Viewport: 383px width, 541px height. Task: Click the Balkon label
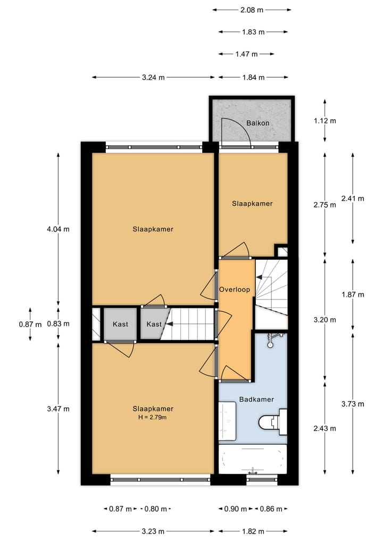pyautogui.click(x=257, y=123)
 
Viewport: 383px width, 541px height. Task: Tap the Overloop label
pyautogui.click(x=235, y=290)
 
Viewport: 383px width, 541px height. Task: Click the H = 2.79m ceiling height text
pyautogui.click(x=153, y=417)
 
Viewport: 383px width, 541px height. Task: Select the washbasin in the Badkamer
pyautogui.click(x=227, y=421)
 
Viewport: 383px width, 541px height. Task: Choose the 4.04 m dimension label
pyautogui.click(x=59, y=229)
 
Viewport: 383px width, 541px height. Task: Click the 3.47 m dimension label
pyautogui.click(x=59, y=409)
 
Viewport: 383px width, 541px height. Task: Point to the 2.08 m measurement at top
pyautogui.click(x=252, y=10)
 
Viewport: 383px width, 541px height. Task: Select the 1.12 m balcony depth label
pyautogui.click(x=325, y=120)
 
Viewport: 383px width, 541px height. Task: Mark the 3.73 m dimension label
pyautogui.click(x=353, y=404)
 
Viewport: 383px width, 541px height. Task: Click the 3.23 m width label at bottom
pyautogui.click(x=153, y=531)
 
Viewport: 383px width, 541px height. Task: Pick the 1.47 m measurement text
pyautogui.click(x=246, y=54)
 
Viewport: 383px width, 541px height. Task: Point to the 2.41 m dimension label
pyautogui.click(x=353, y=198)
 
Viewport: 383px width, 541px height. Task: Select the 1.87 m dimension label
pyautogui.click(x=353, y=294)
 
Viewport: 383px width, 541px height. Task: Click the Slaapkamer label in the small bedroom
pyautogui.click(x=252, y=203)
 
